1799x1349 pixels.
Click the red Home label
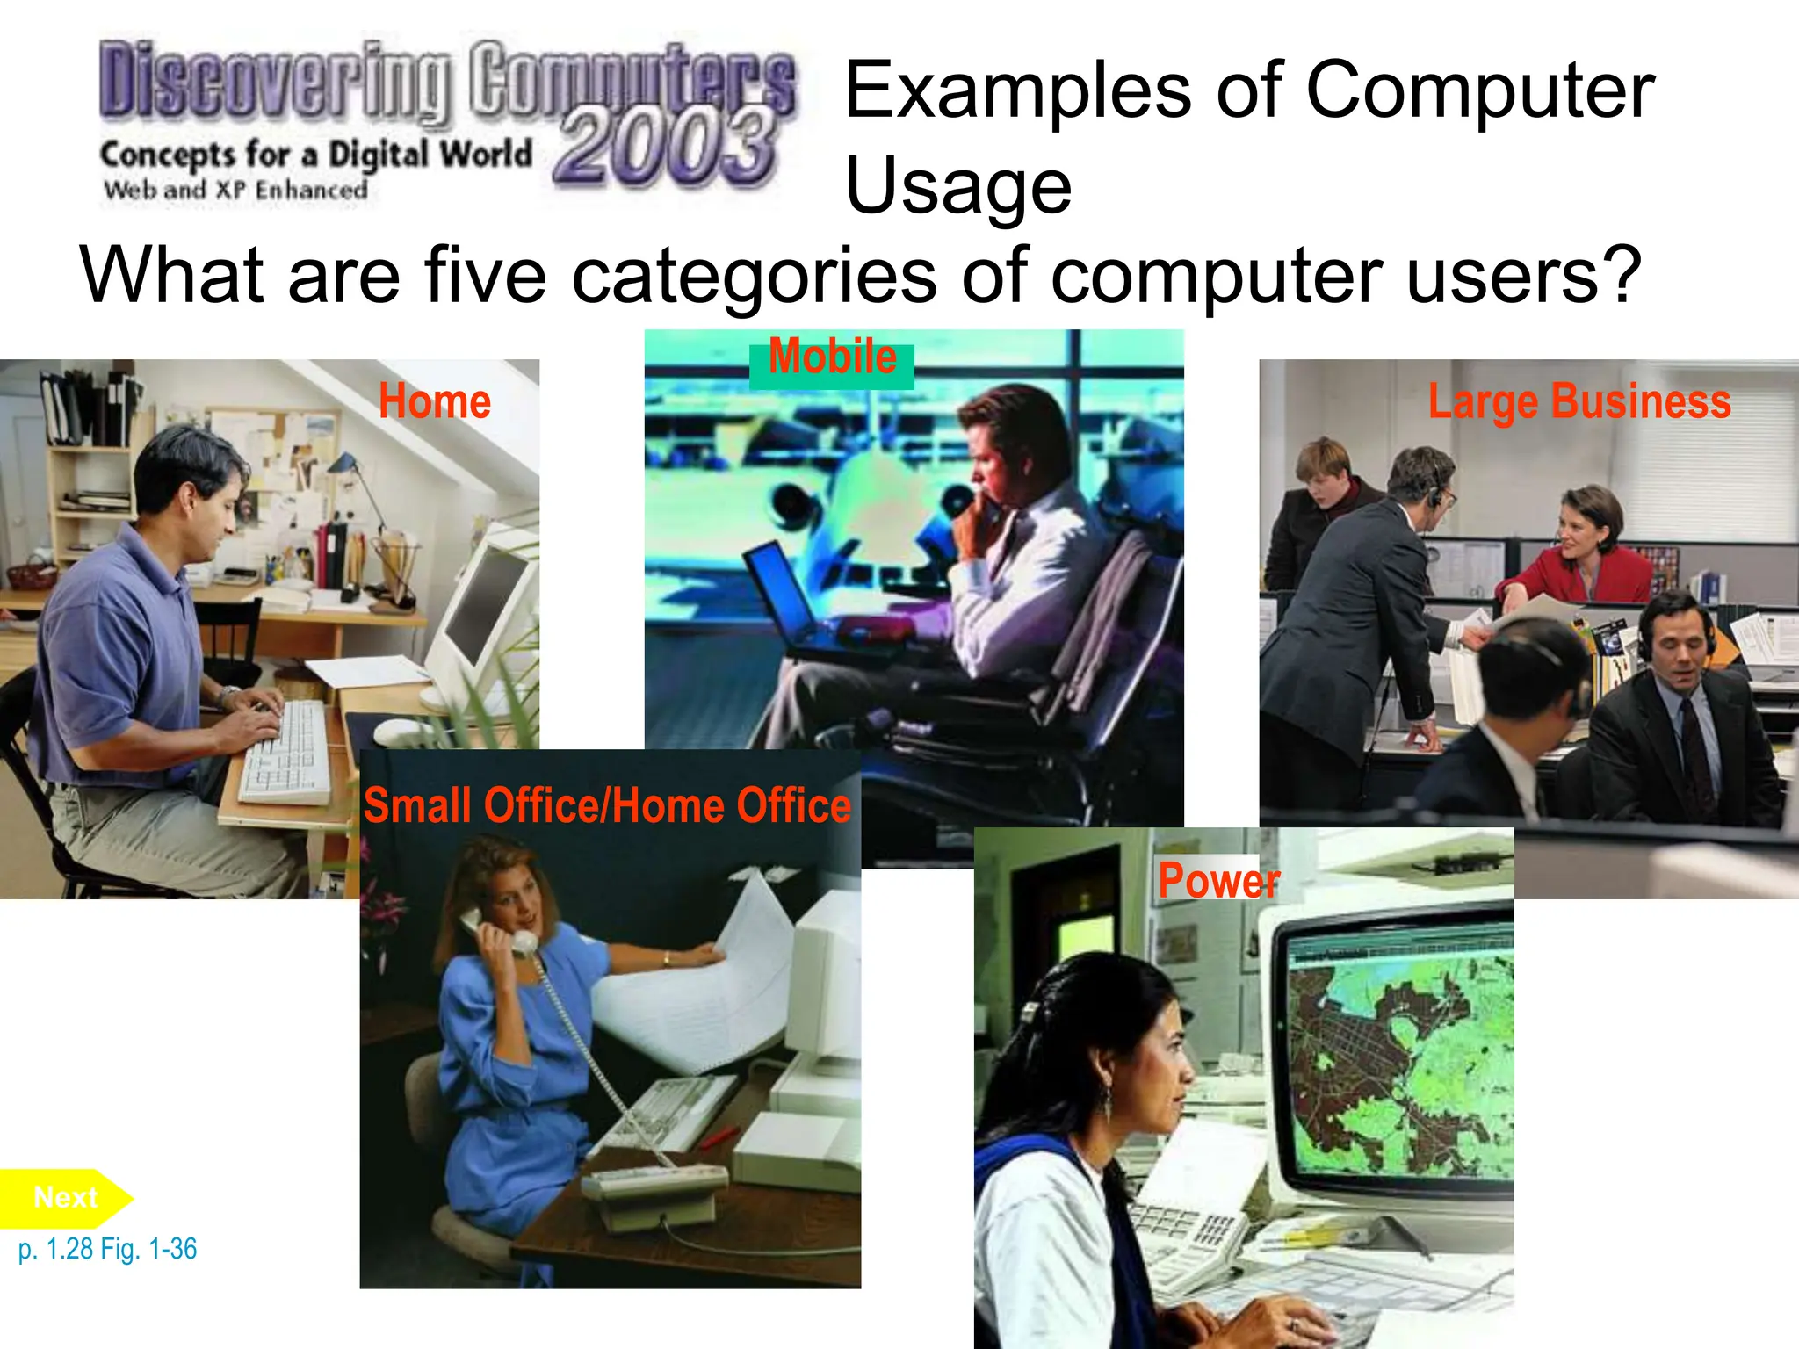click(x=434, y=401)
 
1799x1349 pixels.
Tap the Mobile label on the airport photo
click(x=832, y=357)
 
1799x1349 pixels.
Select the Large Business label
click(x=1579, y=401)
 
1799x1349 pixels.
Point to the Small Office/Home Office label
click(x=607, y=806)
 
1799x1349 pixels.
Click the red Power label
click(x=1218, y=880)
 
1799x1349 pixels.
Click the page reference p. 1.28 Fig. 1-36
click(x=107, y=1248)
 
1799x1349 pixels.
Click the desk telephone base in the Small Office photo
click(x=654, y=1194)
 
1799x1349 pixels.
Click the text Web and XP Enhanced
click(x=235, y=190)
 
